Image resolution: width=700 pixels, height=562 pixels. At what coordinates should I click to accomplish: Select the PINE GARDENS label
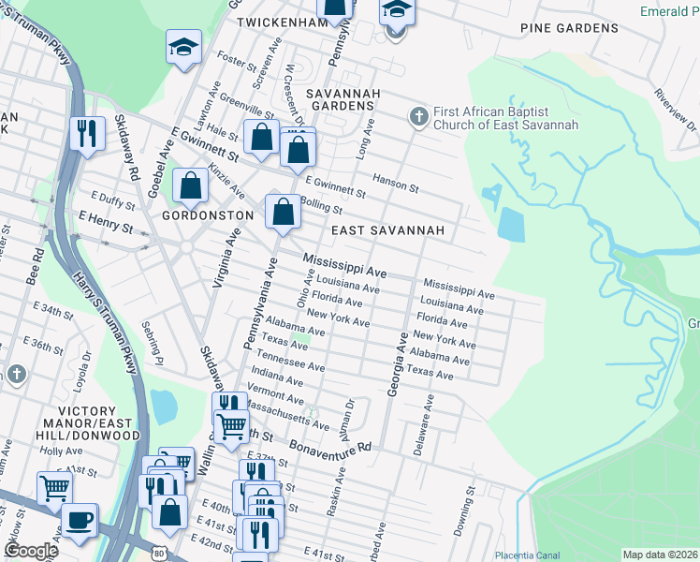click(x=569, y=28)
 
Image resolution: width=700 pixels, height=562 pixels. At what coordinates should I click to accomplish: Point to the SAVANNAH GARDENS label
click(x=344, y=99)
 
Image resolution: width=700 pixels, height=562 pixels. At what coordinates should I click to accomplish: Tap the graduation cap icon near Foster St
click(x=184, y=46)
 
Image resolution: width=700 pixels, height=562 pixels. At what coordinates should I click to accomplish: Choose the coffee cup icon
click(x=80, y=519)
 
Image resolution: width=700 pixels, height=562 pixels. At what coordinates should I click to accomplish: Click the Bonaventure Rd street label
click(x=330, y=445)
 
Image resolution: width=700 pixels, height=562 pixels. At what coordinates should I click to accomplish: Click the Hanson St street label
click(x=395, y=185)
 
